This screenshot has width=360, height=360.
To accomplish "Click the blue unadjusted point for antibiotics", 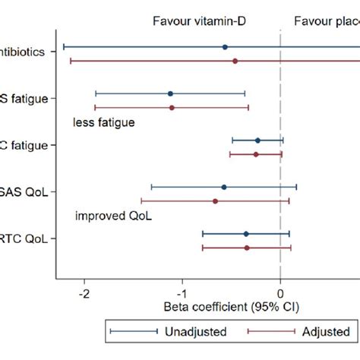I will click(x=225, y=47).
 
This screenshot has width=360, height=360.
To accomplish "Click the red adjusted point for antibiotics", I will click(x=235, y=61).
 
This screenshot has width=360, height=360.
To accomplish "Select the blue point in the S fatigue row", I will click(x=170, y=93).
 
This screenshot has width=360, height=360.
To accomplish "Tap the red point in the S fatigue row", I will click(x=172, y=108).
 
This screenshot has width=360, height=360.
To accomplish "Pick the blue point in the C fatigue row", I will click(x=257, y=141).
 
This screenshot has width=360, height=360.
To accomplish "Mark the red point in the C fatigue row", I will click(x=256, y=154).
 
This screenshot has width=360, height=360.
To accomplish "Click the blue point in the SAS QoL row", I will click(x=224, y=187).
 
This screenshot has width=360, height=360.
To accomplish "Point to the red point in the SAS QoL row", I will click(x=215, y=201).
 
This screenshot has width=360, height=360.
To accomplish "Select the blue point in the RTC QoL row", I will click(x=246, y=234).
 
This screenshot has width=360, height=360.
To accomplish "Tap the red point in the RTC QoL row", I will click(x=247, y=248).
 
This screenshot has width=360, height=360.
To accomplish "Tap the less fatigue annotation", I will click(x=103, y=122).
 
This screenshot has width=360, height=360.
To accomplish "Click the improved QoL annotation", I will click(x=113, y=216).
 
